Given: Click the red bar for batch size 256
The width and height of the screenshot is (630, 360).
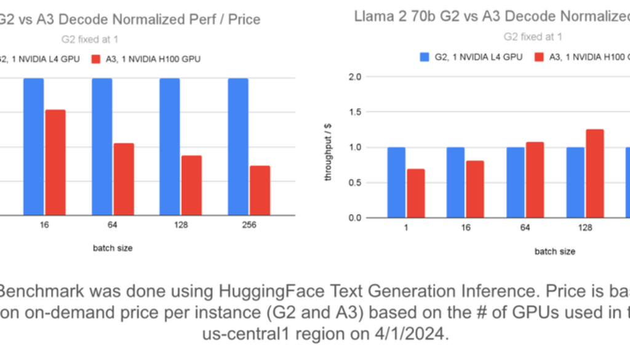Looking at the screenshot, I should (x=260, y=190).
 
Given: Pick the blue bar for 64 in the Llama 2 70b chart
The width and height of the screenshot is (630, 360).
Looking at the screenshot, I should (x=515, y=182).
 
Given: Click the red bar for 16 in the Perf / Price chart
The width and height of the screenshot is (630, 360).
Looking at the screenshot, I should (x=55, y=162).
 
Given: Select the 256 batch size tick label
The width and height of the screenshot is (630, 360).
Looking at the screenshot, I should (x=249, y=225).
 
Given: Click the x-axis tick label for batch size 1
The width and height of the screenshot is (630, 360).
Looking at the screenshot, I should (x=406, y=228).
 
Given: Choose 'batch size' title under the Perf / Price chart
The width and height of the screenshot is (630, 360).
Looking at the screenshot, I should (x=113, y=248).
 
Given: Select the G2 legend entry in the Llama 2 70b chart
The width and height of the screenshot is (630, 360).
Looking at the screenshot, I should (x=471, y=57).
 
